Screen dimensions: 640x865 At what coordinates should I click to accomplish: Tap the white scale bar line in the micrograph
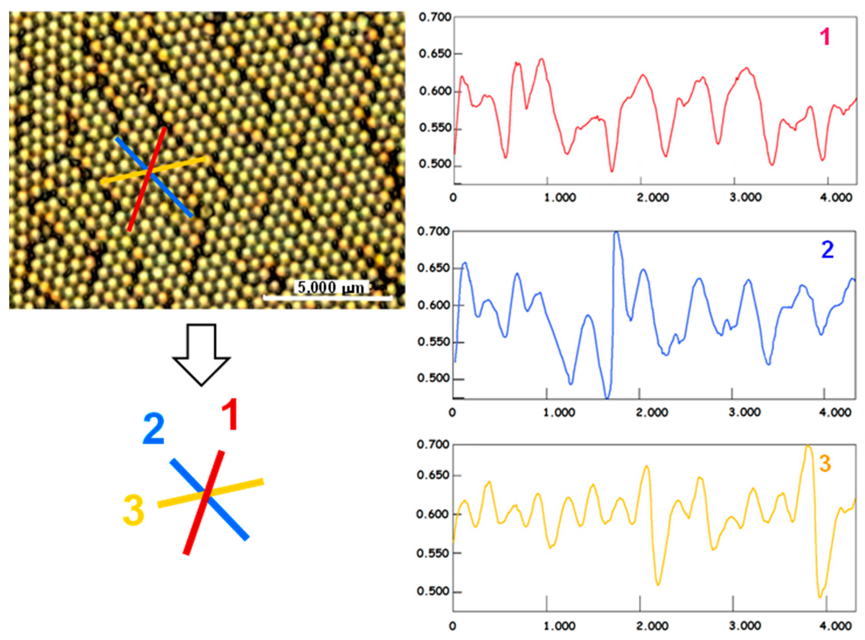pyautogui.click(x=327, y=298)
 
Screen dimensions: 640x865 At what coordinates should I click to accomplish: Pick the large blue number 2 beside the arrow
pyautogui.click(x=154, y=429)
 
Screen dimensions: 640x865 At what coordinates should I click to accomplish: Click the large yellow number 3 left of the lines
pyautogui.click(x=133, y=511)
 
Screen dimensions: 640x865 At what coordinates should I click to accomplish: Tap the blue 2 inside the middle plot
pyautogui.click(x=827, y=250)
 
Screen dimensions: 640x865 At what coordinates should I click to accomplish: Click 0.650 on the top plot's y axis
pyautogui.click(x=435, y=54)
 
